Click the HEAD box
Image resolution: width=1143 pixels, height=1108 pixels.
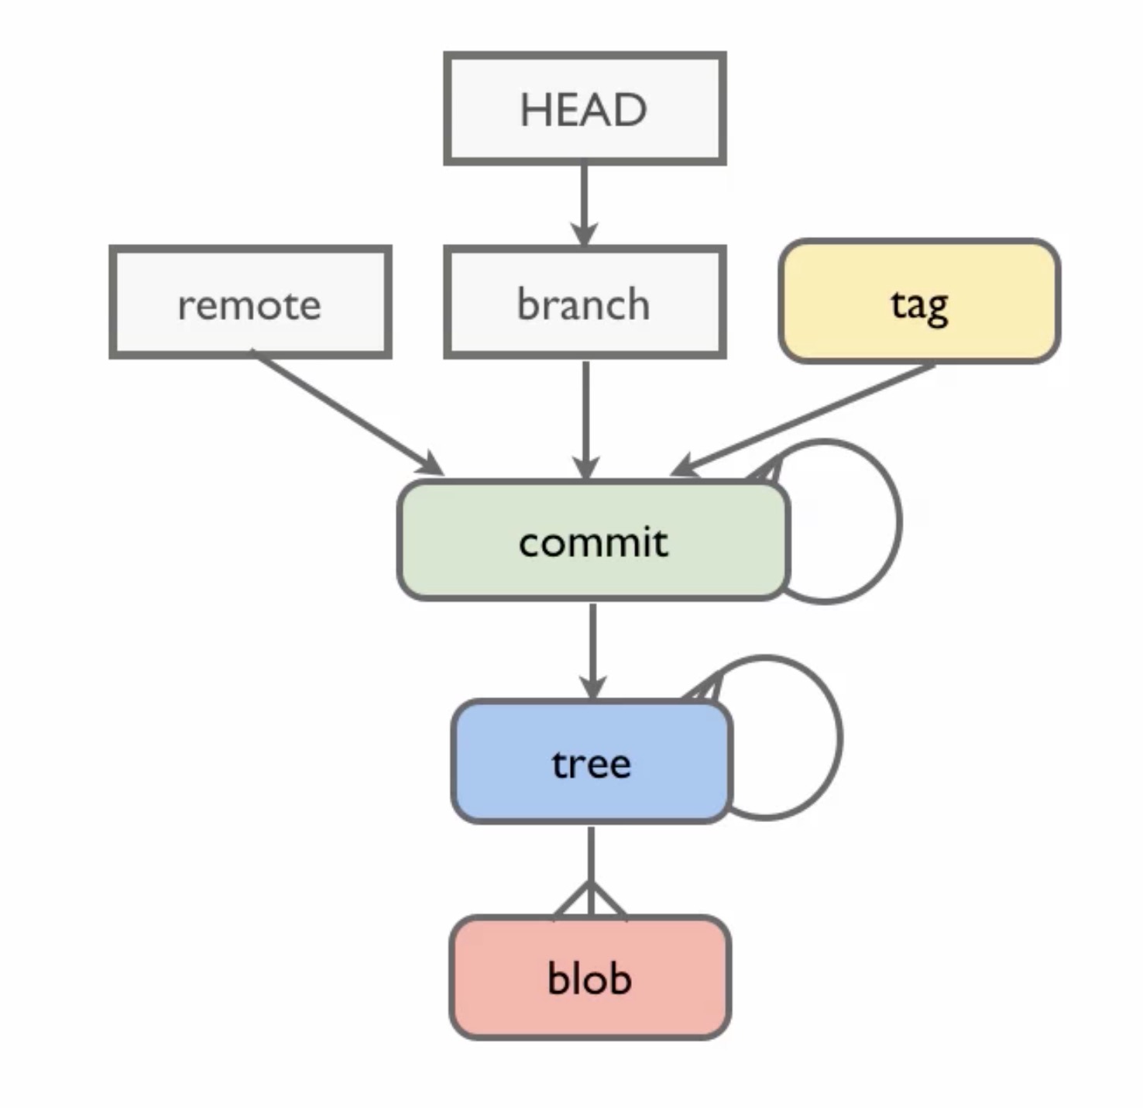click(x=585, y=108)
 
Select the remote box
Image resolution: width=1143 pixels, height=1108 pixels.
click(x=250, y=302)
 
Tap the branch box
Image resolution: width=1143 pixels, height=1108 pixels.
click(x=585, y=302)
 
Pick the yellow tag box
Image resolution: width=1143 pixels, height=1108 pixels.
click(x=919, y=301)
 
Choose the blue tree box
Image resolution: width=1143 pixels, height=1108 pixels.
click(x=592, y=762)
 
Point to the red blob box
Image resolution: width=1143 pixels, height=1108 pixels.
click(x=590, y=978)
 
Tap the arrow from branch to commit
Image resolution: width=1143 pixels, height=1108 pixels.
click(x=586, y=420)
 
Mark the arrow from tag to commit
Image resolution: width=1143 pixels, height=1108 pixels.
click(x=802, y=420)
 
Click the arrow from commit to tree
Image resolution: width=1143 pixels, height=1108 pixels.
click(x=592, y=652)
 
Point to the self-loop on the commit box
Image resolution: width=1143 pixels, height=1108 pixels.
click(x=900, y=521)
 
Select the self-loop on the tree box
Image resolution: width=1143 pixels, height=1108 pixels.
click(x=841, y=738)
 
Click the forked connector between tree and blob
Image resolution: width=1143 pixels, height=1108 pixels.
click(x=591, y=872)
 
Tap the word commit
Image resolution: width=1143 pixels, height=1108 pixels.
click(x=593, y=542)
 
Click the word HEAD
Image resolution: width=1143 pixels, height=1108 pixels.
click(x=584, y=110)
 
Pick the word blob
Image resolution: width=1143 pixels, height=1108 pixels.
click(x=590, y=978)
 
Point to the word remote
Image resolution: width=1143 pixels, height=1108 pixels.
click(x=249, y=305)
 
